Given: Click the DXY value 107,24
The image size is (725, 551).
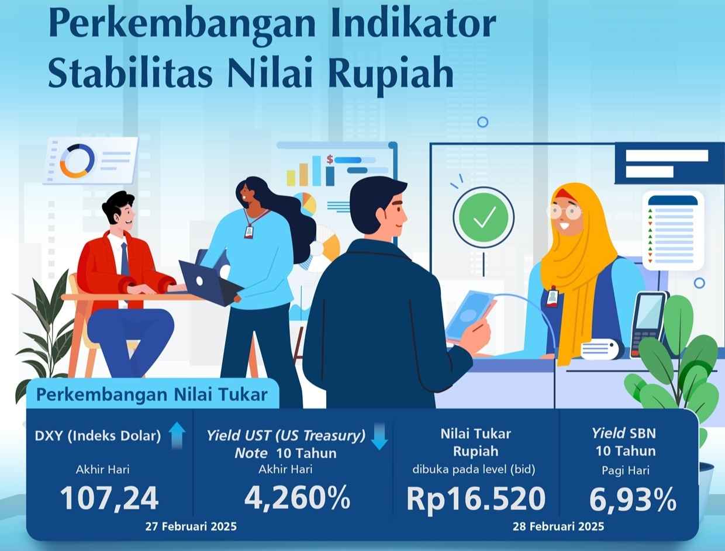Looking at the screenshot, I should coord(109,499).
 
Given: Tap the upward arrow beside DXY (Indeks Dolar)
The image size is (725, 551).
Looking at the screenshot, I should coord(177,436).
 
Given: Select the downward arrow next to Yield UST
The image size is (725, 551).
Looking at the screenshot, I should coord(379,438).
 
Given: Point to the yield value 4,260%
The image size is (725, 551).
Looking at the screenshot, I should coord(298,498).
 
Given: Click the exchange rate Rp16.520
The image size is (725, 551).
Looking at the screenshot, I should coord(475,499).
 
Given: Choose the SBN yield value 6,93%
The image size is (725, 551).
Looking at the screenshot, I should coord(632,500).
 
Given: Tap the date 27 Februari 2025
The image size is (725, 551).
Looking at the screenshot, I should coord(191,526).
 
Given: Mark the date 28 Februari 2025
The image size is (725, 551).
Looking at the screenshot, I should coord(558,526).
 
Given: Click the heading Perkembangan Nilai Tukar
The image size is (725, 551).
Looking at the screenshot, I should coord(151,394).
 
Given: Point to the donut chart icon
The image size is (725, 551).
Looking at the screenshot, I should coord(77,161).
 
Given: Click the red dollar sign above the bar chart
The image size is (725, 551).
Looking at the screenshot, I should coord(330,159).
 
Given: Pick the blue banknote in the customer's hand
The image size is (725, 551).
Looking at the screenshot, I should coord(470,315).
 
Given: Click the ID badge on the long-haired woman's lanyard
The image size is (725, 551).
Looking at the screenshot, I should coord(250,232).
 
